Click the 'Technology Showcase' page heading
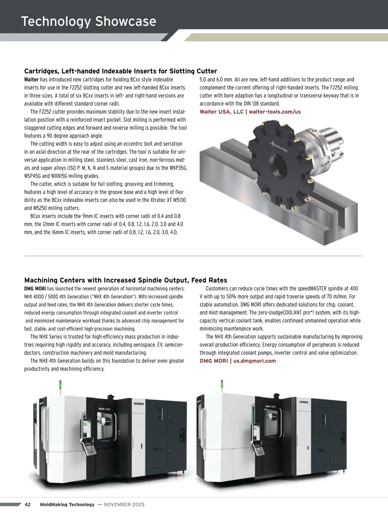(x=89, y=21)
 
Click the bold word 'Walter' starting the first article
(x=31, y=79)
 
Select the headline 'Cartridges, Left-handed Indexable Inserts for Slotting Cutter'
(x=121, y=71)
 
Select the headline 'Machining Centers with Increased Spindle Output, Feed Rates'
(x=126, y=280)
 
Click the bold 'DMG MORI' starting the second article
(x=35, y=289)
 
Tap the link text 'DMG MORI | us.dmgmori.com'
(x=238, y=361)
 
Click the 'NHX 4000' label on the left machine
(x=104, y=409)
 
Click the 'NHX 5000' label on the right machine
(x=270, y=406)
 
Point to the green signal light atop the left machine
(x=59, y=385)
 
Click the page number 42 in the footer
(x=28, y=504)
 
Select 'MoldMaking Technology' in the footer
(x=67, y=504)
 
